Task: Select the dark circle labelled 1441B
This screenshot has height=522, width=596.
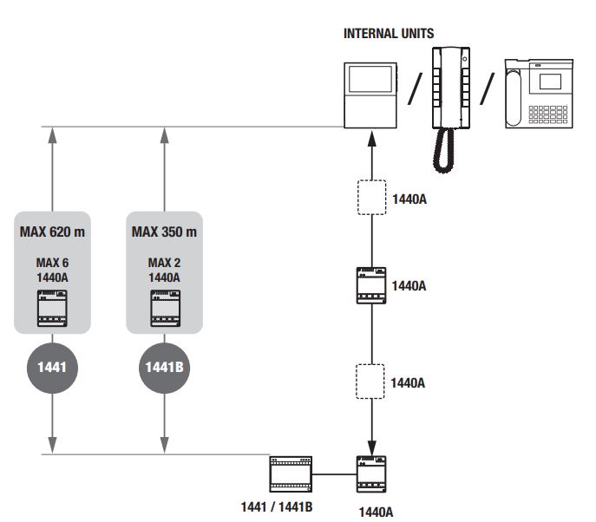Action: click(x=164, y=368)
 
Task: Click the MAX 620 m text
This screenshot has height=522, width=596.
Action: click(x=53, y=232)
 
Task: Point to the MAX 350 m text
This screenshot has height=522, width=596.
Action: click(x=164, y=232)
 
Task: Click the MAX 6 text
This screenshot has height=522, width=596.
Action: click(x=53, y=263)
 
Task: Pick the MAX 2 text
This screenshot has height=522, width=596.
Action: click(x=164, y=263)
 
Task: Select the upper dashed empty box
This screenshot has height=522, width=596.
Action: click(x=373, y=197)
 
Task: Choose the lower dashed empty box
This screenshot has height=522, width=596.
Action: click(x=373, y=381)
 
